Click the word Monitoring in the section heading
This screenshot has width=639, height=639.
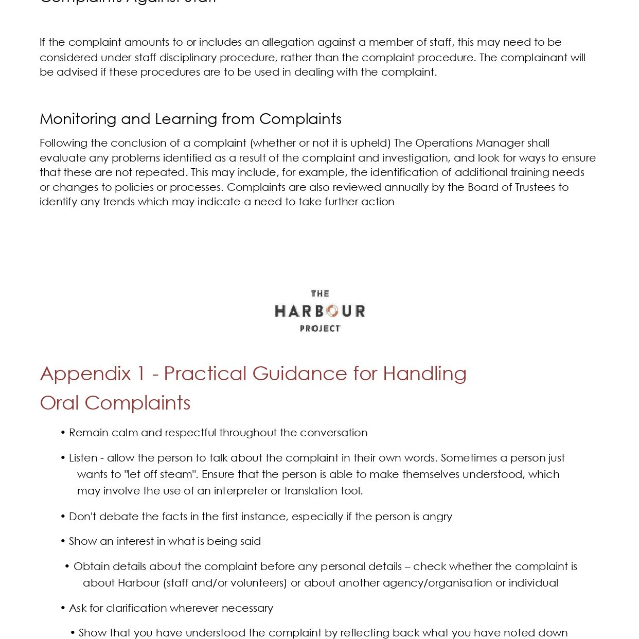coord(78,119)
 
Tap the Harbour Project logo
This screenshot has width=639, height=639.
coord(319,311)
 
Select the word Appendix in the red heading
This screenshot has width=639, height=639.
coord(85,374)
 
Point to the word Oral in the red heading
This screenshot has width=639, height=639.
coord(60,403)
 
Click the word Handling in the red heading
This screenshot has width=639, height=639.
coord(424,374)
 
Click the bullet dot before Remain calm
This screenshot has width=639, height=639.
coord(63,432)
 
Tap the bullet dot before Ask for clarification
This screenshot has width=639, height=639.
coord(63,608)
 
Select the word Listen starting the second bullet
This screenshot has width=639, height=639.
coord(83,457)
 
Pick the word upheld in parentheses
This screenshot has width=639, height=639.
coord(369,143)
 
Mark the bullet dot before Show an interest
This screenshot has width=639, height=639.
coord(63,541)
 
